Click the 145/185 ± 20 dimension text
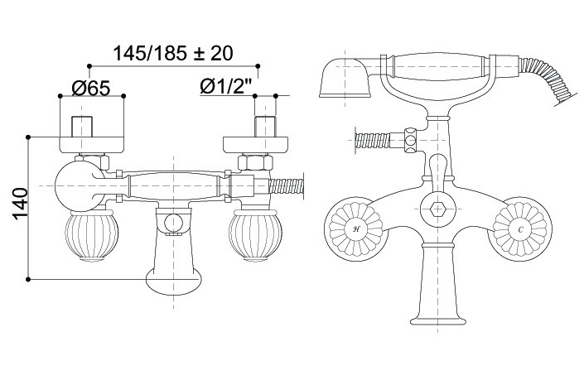coord(173,53)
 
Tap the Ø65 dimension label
coord(91,88)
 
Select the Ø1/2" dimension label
coord(225,86)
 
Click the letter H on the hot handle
coord(355,229)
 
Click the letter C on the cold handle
coord(520,229)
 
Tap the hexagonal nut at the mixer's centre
coord(437,209)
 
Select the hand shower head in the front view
coord(345,78)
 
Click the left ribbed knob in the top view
coord(91,236)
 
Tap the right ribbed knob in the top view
coord(255,236)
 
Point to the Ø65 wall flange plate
coord(92,145)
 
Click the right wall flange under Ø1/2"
coord(255,145)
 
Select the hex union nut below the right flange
coord(255,163)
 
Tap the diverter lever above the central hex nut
coord(437,173)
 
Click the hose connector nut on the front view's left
coord(410,140)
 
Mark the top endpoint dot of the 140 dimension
coord(28,137)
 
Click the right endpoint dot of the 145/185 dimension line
coord(258,66)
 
